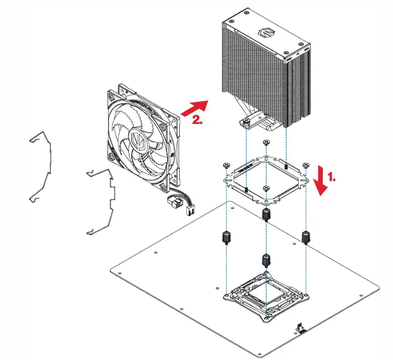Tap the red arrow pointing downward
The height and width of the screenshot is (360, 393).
click(321, 181)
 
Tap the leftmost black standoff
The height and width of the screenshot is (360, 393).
click(227, 238)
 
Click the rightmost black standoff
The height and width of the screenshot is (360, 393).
click(306, 238)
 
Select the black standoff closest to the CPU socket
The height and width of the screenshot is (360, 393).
click(266, 260)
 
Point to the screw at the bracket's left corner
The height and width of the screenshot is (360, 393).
click(227, 165)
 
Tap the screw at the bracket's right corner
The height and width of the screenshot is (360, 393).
click(306, 165)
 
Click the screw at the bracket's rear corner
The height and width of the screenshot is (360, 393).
click(266, 143)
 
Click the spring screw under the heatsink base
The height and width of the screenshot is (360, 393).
click(246, 121)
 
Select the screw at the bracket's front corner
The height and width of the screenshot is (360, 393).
click(266, 188)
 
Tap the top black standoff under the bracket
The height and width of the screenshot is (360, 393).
click(266, 214)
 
